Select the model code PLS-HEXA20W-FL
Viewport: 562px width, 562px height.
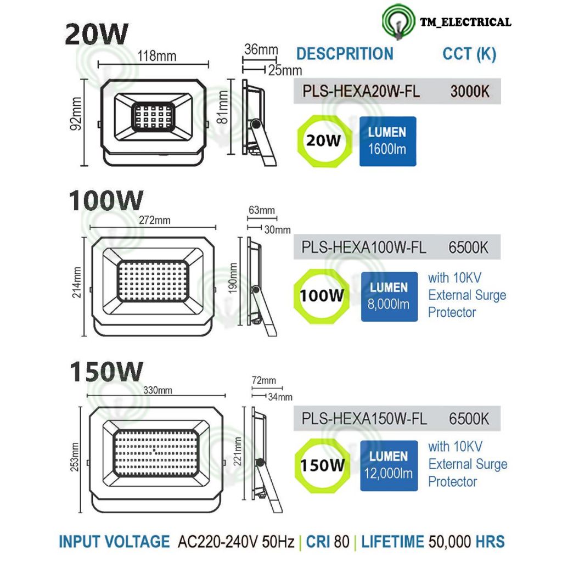[x=361, y=91]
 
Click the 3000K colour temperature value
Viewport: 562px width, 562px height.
[x=469, y=91]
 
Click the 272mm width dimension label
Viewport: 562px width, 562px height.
[x=154, y=220]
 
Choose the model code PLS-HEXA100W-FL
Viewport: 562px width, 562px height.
[x=363, y=248]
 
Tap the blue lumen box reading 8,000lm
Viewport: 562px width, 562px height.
[x=389, y=296]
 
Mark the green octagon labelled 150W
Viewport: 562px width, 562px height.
[x=322, y=466]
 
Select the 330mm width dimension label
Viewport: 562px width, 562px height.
[x=158, y=390]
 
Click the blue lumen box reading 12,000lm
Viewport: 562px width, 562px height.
[x=389, y=465]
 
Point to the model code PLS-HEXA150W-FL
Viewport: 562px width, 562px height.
[x=364, y=418]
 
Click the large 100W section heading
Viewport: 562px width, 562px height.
[x=106, y=201]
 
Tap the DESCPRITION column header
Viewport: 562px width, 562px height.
[x=345, y=54]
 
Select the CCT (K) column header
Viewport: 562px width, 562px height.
[x=469, y=54]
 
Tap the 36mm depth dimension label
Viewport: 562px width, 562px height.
[x=261, y=50]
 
